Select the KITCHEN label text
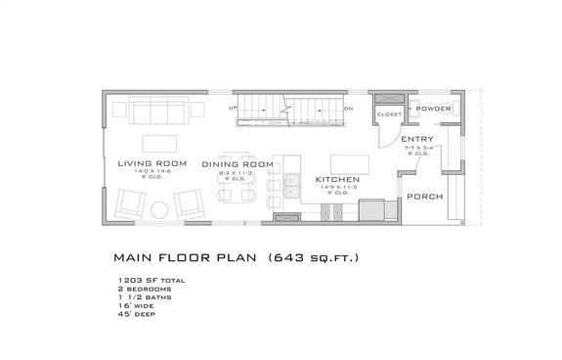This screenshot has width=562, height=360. click(338, 181)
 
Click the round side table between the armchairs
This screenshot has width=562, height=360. click(162, 205)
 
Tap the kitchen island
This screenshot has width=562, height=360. click(346, 161)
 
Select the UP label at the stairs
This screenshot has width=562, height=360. click(233, 109)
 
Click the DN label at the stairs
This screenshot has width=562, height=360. click(349, 109)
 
